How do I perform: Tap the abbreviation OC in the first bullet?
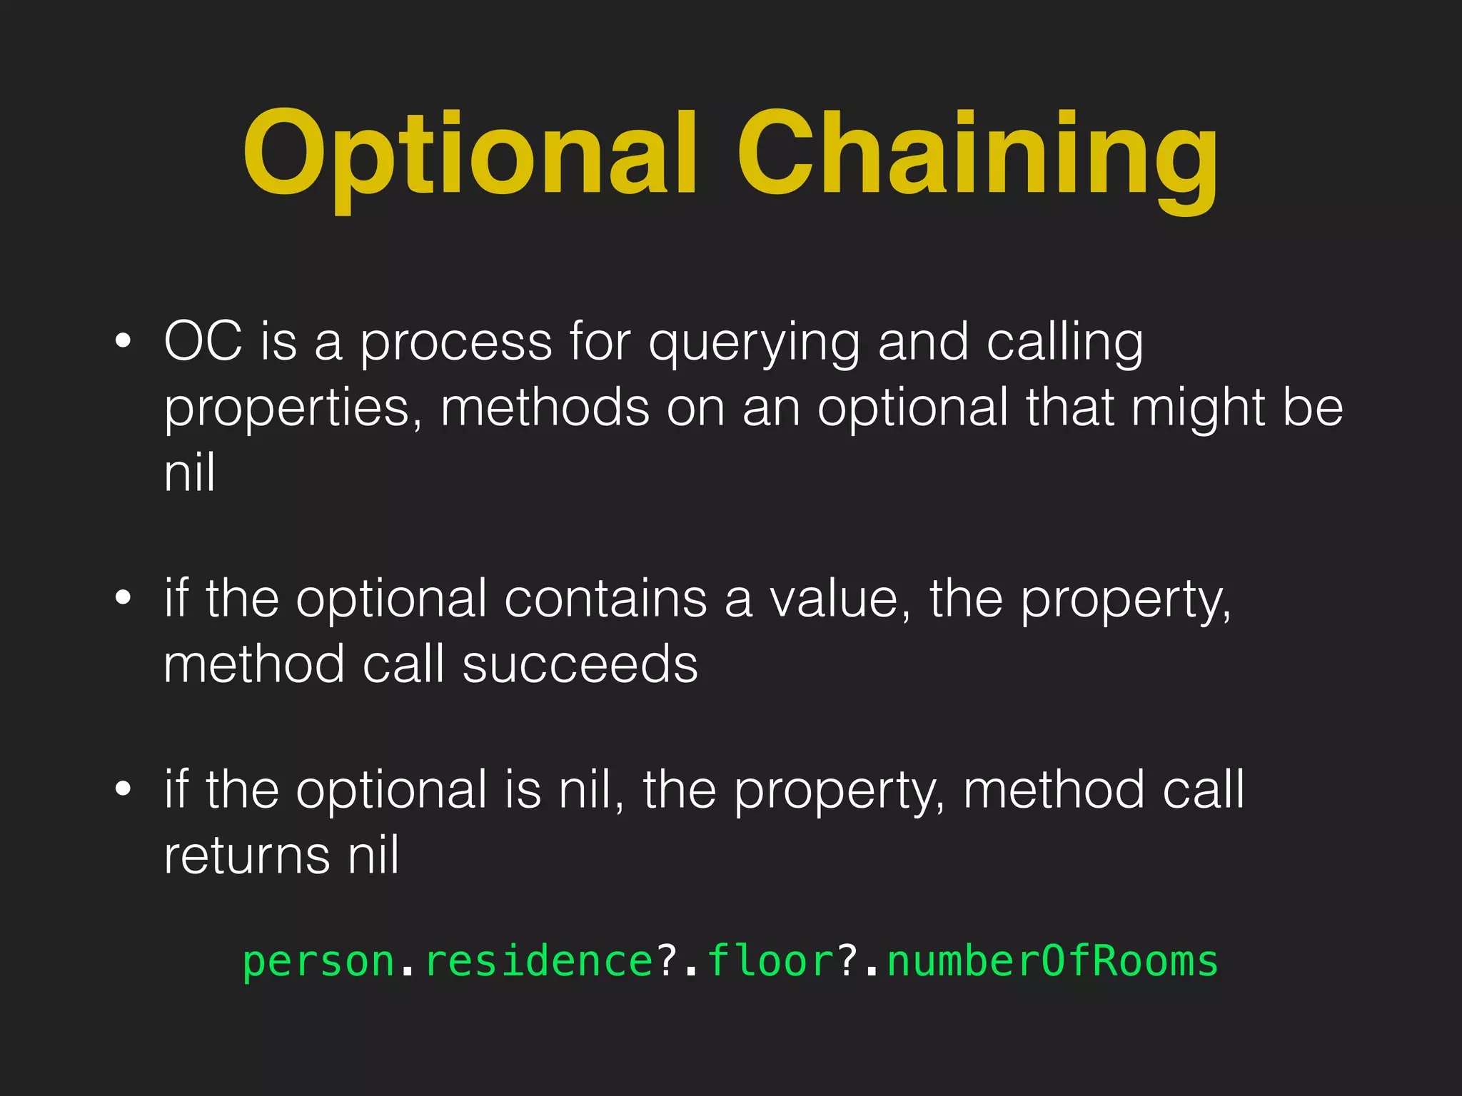pyautogui.click(x=203, y=341)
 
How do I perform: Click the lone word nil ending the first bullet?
pyautogui.click(x=189, y=472)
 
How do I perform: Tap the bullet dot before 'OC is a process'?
pyautogui.click(x=123, y=342)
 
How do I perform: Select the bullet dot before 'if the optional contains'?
pyautogui.click(x=123, y=598)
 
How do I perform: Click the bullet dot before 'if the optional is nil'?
pyautogui.click(x=123, y=789)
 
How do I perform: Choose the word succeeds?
pyautogui.click(x=580, y=664)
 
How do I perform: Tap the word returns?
pyautogui.click(x=247, y=855)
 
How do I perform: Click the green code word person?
pyautogui.click(x=318, y=962)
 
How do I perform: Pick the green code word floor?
pyautogui.click(x=770, y=960)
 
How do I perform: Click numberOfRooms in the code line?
pyautogui.click(x=1052, y=960)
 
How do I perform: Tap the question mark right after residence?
pyautogui.click(x=667, y=960)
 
